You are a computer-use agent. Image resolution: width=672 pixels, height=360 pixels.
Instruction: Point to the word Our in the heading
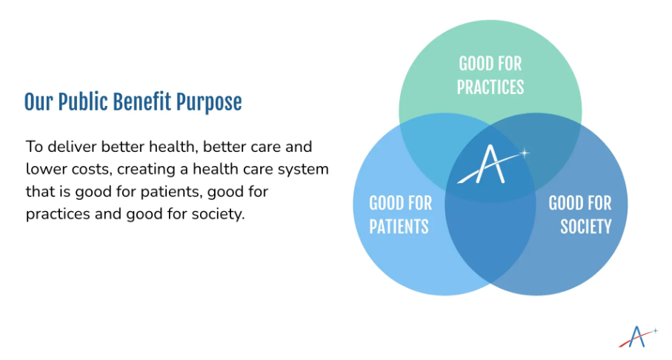coord(38,102)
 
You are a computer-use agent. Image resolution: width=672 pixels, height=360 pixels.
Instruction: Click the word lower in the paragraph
coord(46,170)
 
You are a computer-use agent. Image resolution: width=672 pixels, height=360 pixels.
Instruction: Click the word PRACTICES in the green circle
coord(490,87)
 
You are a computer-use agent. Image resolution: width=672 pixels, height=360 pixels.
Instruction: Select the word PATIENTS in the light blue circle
coord(399,227)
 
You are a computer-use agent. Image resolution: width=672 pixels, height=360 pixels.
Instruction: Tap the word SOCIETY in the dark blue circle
coord(586,227)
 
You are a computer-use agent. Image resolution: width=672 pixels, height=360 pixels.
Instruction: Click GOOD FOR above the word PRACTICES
coord(490,64)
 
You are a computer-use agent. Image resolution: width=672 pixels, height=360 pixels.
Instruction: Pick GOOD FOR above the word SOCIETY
coord(580,203)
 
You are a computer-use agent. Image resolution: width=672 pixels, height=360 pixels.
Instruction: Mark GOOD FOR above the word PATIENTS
coord(400,203)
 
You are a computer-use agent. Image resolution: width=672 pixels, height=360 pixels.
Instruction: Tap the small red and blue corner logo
coord(638,337)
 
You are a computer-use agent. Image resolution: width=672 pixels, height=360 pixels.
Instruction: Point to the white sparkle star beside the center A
coord(524,153)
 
